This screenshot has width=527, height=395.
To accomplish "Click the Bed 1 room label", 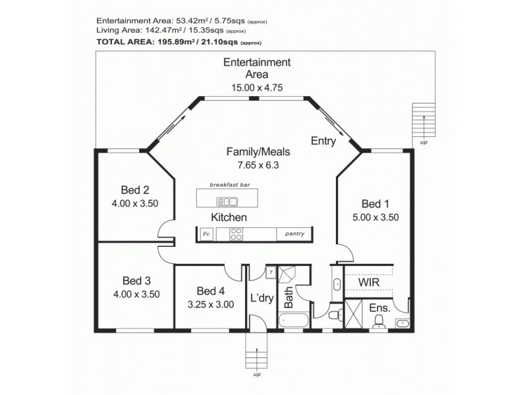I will pyautogui.click(x=376, y=203).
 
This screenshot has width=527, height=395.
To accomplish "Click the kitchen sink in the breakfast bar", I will pyautogui.click(x=229, y=201).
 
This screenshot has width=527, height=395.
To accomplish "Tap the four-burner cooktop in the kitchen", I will pyautogui.click(x=236, y=234).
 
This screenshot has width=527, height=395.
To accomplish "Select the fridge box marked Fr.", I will pyautogui.click(x=206, y=234).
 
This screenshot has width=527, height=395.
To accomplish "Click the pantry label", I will pyautogui.click(x=294, y=234).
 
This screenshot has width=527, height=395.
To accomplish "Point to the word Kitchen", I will pyautogui.click(x=229, y=217).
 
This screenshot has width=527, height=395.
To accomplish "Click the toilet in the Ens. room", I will pyautogui.click(x=379, y=321).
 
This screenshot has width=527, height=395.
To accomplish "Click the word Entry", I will pyautogui.click(x=323, y=141).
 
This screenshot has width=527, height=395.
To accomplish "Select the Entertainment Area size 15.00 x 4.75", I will pyautogui.click(x=256, y=87).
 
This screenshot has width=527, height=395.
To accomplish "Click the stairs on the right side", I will pyautogui.click(x=422, y=120).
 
